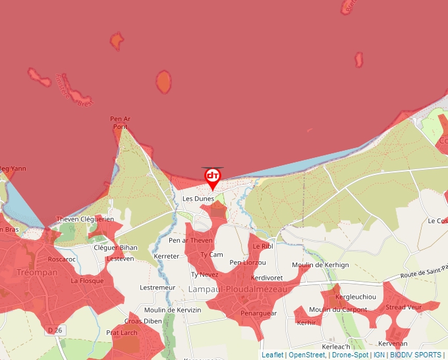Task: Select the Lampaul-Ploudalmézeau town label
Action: click(x=238, y=289)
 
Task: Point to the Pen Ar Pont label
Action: click(x=120, y=122)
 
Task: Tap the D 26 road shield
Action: click(x=55, y=329)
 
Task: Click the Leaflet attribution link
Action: click(x=272, y=355)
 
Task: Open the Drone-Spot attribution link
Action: click(x=350, y=355)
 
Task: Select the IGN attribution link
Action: click(x=379, y=355)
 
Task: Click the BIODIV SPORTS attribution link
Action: click(x=415, y=355)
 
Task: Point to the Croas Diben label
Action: click(x=143, y=321)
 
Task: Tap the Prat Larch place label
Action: click(x=122, y=332)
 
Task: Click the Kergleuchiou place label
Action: click(x=355, y=296)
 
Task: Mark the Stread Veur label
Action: click(x=403, y=307)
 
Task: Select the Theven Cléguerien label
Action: click(x=85, y=219)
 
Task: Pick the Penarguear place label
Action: click(x=258, y=313)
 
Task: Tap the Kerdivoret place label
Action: click(x=267, y=277)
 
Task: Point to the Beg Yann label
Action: click(x=13, y=168)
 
